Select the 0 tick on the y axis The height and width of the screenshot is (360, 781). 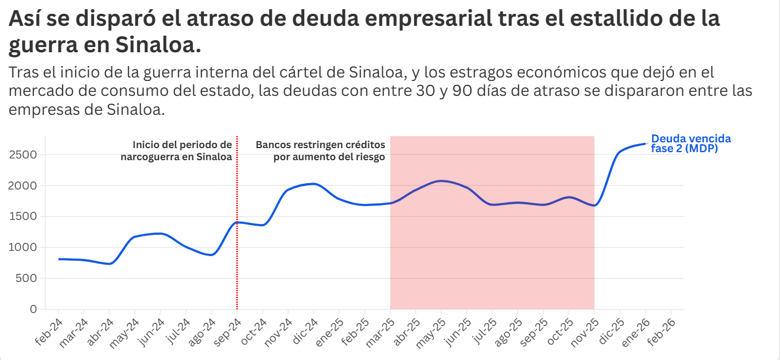click(33, 309)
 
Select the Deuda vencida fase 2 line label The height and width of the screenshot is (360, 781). click(690, 144)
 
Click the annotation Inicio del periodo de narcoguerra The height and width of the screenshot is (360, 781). click(177, 150)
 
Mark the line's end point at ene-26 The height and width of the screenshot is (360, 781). click(646, 144)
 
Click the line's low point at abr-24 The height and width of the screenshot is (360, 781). click(110, 264)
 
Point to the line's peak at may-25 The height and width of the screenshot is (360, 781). click(441, 181)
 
